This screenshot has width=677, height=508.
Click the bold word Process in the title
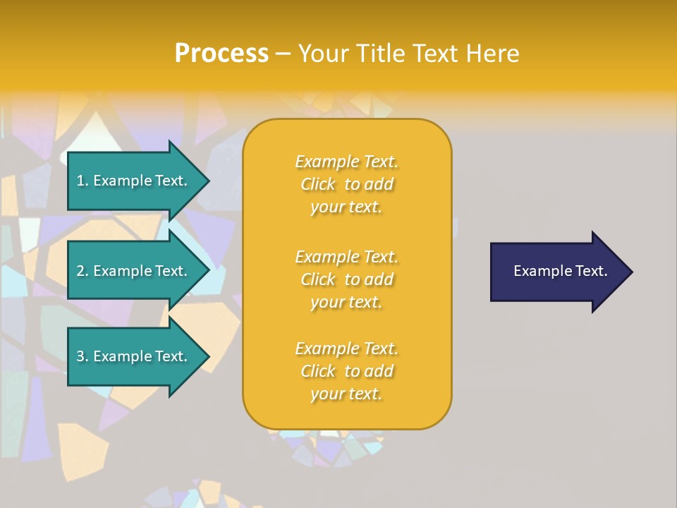[x=221, y=54]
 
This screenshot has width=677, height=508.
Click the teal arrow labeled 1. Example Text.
[x=127, y=181]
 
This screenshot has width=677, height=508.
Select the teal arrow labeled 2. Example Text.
[x=127, y=272]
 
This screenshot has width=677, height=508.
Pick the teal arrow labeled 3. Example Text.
[x=127, y=357]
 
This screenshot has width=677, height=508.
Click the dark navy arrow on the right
[x=550, y=272]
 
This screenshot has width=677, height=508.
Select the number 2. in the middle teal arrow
[x=83, y=271]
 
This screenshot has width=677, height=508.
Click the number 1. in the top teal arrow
[x=83, y=181]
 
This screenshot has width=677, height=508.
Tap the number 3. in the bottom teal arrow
[x=83, y=356]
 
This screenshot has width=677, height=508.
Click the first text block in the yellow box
[x=346, y=184]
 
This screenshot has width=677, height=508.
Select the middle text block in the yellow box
[x=346, y=279]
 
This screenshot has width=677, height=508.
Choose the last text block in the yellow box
[x=346, y=371]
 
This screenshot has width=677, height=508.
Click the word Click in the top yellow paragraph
[x=318, y=184]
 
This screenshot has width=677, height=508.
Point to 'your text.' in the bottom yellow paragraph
[x=346, y=394]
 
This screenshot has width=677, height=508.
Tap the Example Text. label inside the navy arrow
[x=560, y=271]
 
